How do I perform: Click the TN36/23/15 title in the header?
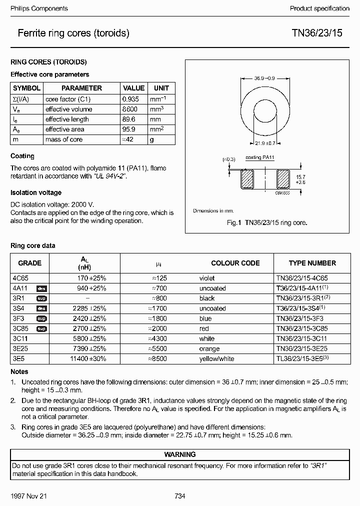click(x=320, y=33)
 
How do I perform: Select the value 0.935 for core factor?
click(x=131, y=99)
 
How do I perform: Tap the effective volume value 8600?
click(x=130, y=109)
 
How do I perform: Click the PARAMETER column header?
click(x=81, y=88)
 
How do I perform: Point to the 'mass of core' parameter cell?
click(x=64, y=139)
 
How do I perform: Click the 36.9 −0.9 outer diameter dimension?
click(x=265, y=78)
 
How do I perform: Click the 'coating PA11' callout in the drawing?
click(x=260, y=157)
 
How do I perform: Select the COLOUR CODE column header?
click(x=235, y=263)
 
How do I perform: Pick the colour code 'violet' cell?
click(x=207, y=278)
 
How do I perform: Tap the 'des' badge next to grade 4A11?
click(x=41, y=288)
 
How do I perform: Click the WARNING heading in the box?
click(x=180, y=454)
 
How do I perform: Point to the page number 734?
click(x=180, y=496)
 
